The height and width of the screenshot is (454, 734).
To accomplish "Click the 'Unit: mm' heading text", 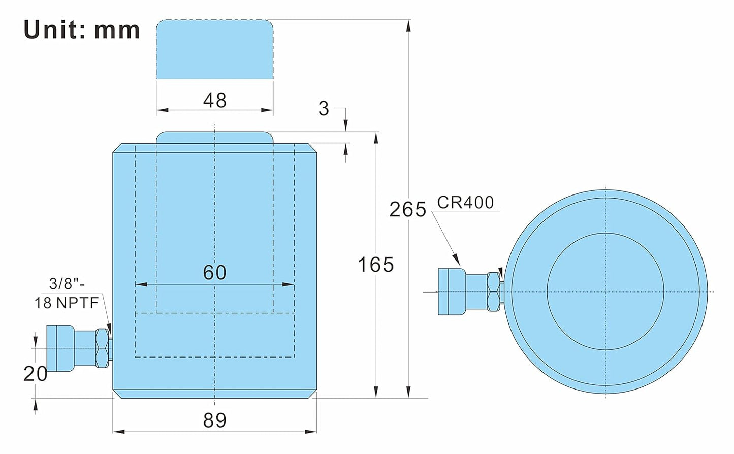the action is tap(82, 30).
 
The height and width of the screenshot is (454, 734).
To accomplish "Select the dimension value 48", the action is tap(215, 100).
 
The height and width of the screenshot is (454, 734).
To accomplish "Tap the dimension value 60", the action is tap(215, 272).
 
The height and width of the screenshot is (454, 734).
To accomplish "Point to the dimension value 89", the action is tap(215, 420).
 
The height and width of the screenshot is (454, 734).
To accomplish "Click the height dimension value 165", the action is tap(375, 265).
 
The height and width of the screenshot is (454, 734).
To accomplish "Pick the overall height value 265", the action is tap(407, 209).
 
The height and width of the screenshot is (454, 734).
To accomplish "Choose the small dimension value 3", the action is tap(324, 109).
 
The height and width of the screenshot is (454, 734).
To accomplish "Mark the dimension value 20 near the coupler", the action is tap(36, 374).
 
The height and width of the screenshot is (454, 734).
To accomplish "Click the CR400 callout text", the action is tap(465, 203).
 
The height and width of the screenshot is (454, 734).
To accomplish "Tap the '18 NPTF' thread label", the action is tap(67, 303).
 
